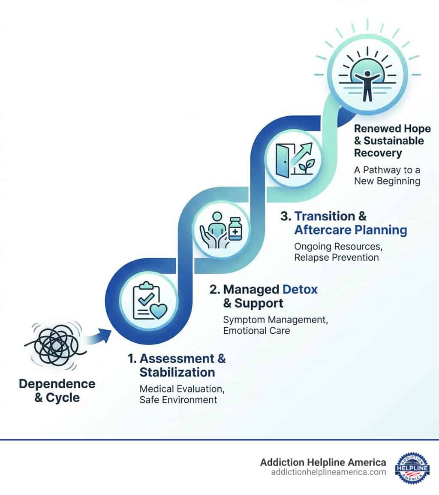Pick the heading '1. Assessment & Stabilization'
177,365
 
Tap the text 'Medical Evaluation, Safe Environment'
182,394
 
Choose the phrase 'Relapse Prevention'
337,257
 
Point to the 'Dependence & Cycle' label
57,390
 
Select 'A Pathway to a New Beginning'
387,175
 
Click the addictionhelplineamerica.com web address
328,472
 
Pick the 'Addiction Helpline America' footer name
323,462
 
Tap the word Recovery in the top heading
378,153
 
